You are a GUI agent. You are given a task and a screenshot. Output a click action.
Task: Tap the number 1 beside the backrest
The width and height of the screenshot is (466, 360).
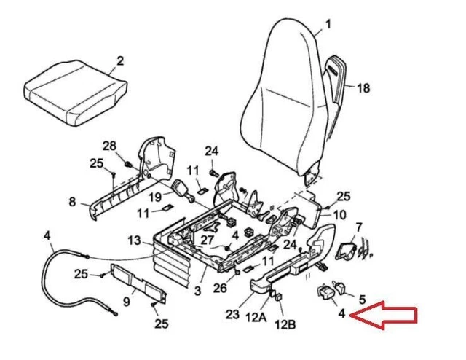328,24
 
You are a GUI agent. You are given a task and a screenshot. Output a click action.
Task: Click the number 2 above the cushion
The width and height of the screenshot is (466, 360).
120,60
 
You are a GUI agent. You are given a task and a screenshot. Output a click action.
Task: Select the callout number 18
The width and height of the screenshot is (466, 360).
363,88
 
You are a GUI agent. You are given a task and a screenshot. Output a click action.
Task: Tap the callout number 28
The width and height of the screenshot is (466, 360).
109,146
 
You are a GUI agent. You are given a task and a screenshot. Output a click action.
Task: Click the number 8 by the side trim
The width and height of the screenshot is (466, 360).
72,201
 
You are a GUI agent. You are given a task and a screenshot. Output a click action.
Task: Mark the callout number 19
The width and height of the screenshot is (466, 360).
155,197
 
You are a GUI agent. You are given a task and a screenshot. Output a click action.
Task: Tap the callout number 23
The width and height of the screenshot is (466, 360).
232,316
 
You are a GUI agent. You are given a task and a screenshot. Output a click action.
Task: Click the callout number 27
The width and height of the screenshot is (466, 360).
208,240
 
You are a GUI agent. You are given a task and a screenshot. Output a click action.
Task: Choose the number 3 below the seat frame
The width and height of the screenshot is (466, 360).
197,291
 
